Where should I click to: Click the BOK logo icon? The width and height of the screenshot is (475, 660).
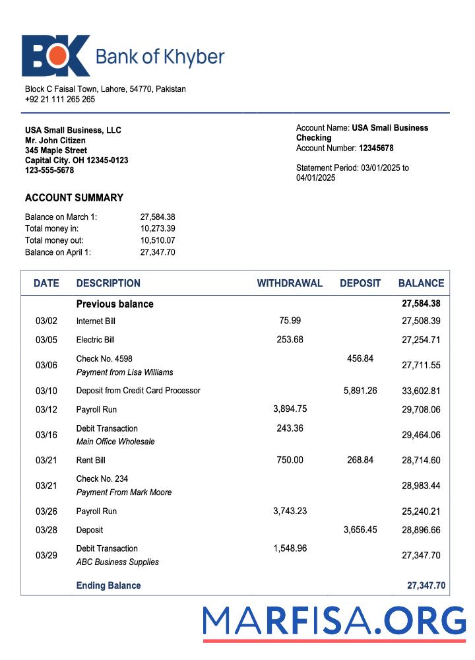(x=55, y=56)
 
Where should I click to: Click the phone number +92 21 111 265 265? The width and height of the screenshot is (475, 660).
(x=60, y=99)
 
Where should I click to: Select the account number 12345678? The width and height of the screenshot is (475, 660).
(x=376, y=148)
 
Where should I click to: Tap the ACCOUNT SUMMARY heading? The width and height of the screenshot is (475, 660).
(x=74, y=198)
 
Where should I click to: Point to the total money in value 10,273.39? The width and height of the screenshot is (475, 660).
(x=158, y=228)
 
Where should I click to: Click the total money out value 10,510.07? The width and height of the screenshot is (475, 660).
(x=158, y=240)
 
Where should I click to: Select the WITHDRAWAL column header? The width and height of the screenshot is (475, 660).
(x=290, y=283)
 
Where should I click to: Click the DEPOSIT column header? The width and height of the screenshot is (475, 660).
(x=360, y=283)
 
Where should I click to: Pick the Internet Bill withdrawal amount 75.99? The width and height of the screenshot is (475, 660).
(x=290, y=321)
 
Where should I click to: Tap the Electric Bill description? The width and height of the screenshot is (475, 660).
(x=96, y=340)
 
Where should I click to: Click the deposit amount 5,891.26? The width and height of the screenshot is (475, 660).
(x=360, y=391)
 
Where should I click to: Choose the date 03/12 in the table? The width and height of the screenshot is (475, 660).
(x=46, y=410)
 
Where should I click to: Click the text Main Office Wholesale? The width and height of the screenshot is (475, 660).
(x=115, y=442)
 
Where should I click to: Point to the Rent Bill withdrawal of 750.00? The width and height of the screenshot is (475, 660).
(x=290, y=460)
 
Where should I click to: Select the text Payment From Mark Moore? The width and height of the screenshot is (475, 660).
(x=124, y=492)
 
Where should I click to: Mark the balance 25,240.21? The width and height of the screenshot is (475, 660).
(x=421, y=511)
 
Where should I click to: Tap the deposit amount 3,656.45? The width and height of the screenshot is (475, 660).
(x=360, y=530)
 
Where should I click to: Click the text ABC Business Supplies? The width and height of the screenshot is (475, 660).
(x=117, y=562)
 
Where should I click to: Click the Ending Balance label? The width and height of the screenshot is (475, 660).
(x=108, y=585)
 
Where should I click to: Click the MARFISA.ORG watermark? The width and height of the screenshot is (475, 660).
(x=334, y=622)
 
